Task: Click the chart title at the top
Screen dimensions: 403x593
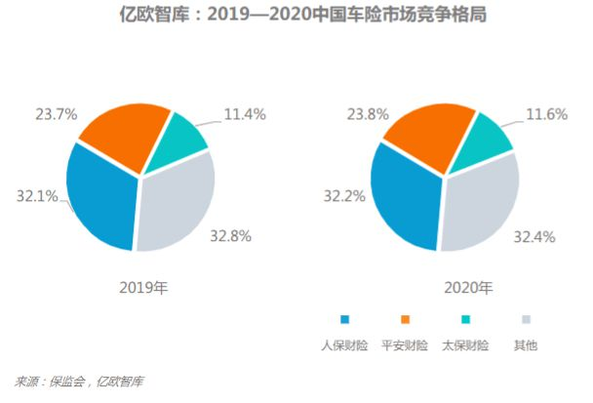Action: pos(297,17)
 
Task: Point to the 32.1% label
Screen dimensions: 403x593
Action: pos(35,195)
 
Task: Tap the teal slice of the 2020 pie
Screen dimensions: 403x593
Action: pos(484,138)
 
